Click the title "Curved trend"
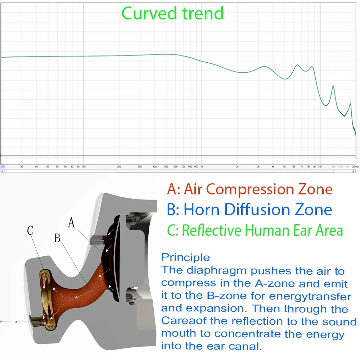tap(172, 13)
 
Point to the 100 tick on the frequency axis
tap(83, 167)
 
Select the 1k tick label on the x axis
tap(202, 167)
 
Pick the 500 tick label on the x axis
tap(166, 167)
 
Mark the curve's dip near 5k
tap(285, 79)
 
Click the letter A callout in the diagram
tap(72, 224)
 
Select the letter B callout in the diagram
tap(57, 238)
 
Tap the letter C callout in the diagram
tap(30, 231)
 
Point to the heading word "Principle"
tap(185, 257)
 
